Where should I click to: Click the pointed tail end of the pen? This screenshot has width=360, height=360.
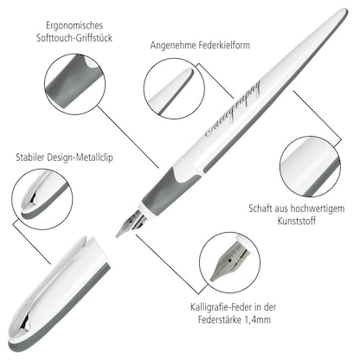click(342, 16)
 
